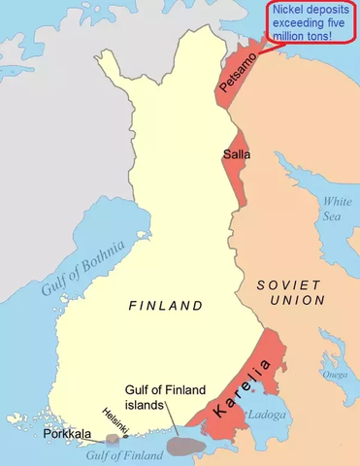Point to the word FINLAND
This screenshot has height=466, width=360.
[166, 306]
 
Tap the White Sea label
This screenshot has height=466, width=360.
[337, 208]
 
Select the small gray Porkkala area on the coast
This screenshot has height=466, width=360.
[113, 440]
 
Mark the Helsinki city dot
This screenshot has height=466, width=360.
[126, 437]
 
